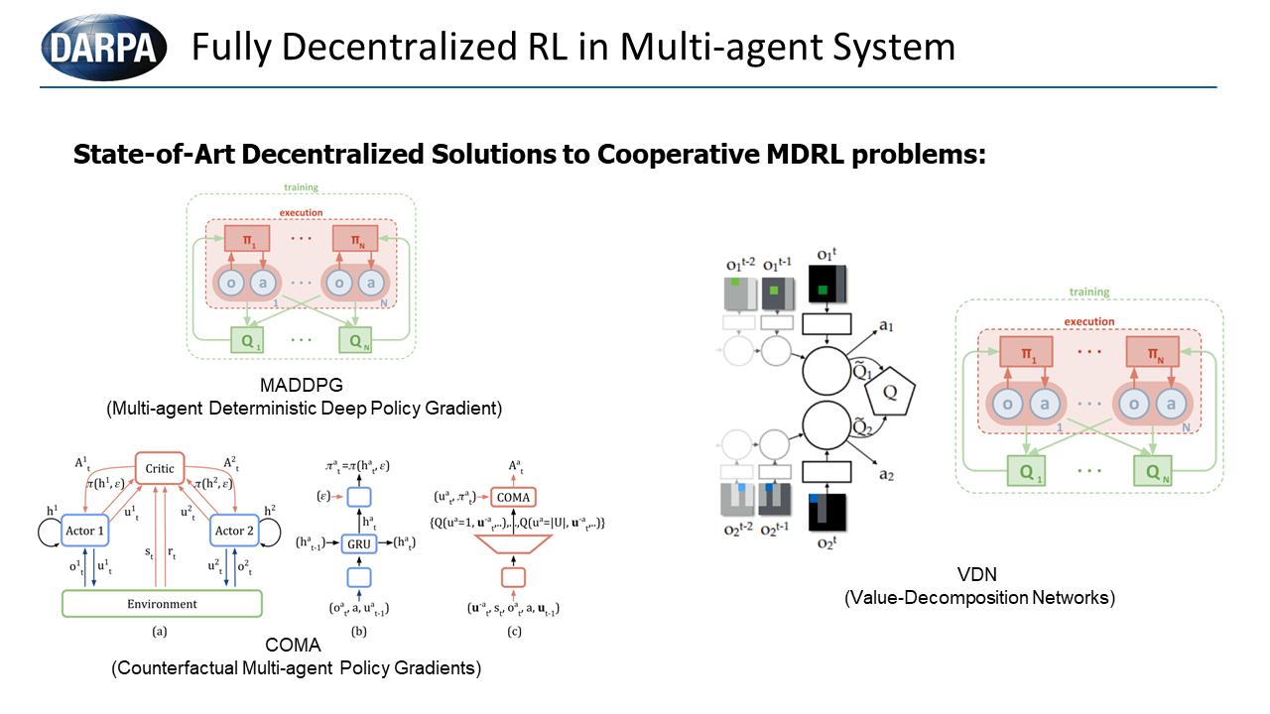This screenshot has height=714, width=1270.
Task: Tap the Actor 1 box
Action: [89, 531]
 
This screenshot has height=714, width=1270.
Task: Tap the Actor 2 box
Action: [235, 531]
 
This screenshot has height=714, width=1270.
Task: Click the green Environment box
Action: [162, 603]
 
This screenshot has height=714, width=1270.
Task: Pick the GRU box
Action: [357, 542]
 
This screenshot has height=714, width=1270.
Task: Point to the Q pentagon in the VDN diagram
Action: [891, 391]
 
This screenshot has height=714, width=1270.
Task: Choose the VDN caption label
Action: [978, 577]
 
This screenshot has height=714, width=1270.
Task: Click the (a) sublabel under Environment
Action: [162, 628]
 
